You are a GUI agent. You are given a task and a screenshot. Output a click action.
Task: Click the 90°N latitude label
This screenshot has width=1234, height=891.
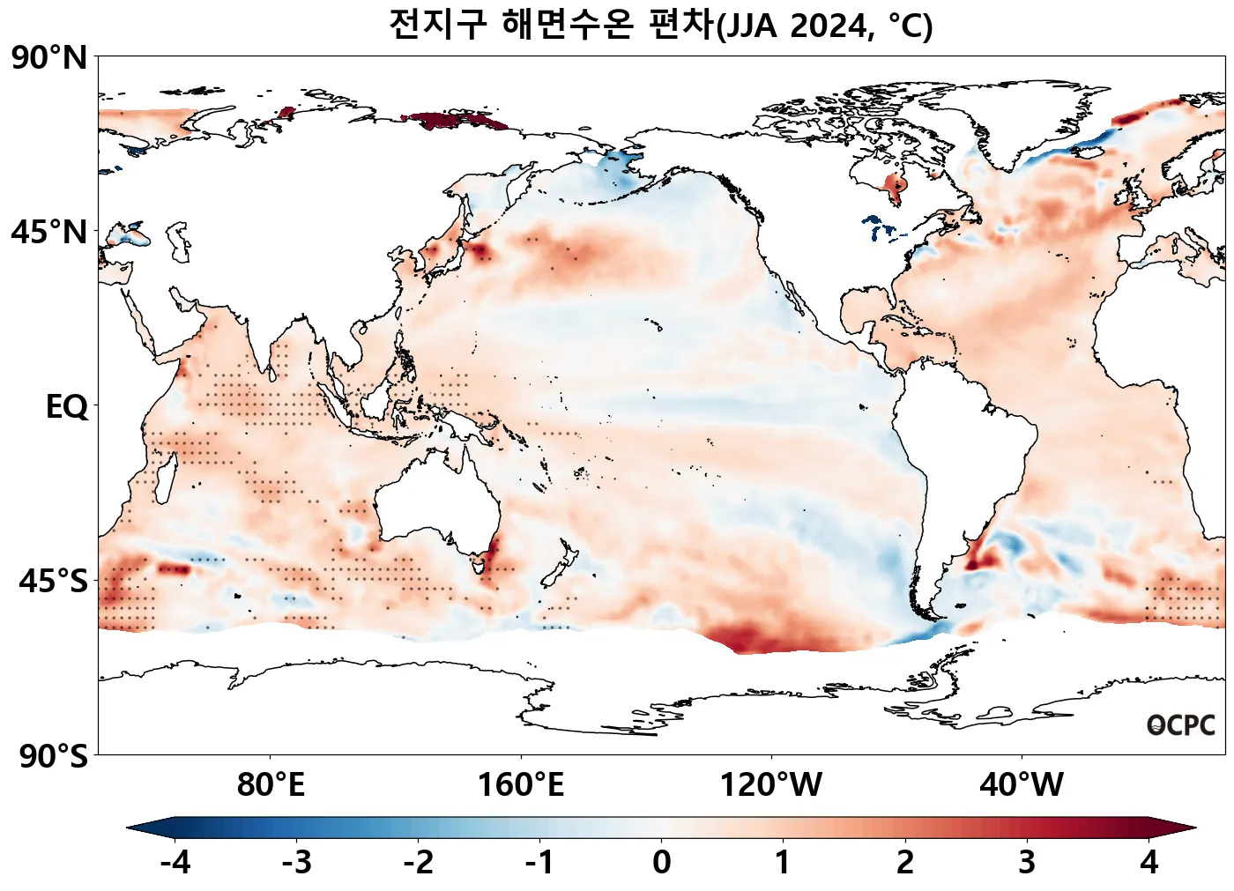[x=49, y=58]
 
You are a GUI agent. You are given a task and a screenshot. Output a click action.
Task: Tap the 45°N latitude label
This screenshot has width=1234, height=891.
[x=49, y=233]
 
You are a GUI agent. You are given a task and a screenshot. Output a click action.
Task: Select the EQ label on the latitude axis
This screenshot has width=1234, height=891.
[x=67, y=407]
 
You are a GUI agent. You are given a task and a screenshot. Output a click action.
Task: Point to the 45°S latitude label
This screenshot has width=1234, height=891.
[x=53, y=582]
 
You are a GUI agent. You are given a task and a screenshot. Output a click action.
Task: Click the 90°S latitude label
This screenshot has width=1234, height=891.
[x=53, y=756]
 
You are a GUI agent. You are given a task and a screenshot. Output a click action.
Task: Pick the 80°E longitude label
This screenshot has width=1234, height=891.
[x=271, y=783]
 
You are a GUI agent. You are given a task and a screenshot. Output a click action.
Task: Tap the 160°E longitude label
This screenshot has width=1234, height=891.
[x=521, y=783]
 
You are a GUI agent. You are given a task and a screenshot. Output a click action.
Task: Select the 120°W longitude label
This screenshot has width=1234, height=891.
[x=771, y=783]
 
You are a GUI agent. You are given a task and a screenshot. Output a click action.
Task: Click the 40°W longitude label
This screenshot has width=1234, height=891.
[x=1022, y=783]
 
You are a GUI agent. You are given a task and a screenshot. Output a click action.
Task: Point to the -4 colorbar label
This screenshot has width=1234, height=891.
[x=175, y=862]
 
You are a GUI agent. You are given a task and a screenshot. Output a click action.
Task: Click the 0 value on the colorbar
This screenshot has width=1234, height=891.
[x=661, y=862]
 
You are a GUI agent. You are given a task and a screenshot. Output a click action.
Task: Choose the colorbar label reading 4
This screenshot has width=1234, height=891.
[x=1149, y=862]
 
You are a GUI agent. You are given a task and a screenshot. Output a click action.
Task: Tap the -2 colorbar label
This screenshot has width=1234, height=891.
[x=419, y=862]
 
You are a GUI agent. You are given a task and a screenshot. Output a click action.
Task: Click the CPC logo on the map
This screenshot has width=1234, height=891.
[x=1181, y=725]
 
